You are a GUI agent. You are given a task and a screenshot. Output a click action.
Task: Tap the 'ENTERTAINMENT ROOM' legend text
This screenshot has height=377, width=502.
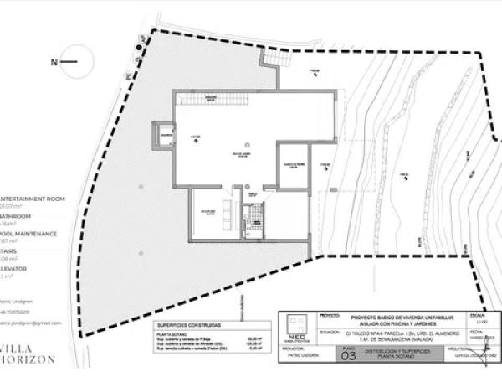(x=32, y=190)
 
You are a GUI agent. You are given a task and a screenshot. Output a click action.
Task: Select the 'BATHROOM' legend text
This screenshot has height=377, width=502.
(x=17, y=216)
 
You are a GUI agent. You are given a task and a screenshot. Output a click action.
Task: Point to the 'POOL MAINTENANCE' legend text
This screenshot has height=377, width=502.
(x=28, y=234)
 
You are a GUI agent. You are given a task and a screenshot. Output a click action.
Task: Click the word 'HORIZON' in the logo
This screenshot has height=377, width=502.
(x=28, y=359)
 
